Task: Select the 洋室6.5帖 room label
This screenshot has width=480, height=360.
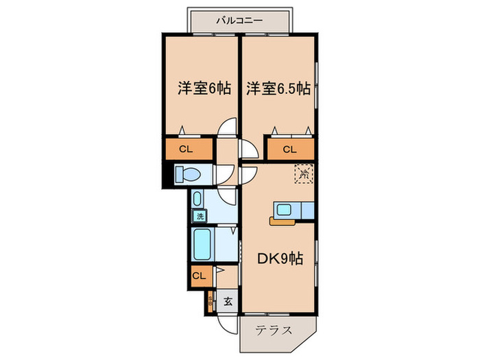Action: click(278, 88)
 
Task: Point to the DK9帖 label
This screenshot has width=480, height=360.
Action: click(280, 259)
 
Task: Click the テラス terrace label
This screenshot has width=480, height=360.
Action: click(274, 330)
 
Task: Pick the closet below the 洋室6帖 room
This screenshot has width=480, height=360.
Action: click(187, 149)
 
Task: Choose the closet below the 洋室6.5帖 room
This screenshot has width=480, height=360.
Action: click(290, 149)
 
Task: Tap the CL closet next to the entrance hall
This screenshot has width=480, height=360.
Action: click(199, 276)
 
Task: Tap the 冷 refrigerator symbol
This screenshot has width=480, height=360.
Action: click(303, 173)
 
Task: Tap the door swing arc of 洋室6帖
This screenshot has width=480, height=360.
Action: click(227, 128)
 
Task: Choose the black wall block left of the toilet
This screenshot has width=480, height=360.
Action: click(165, 175)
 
